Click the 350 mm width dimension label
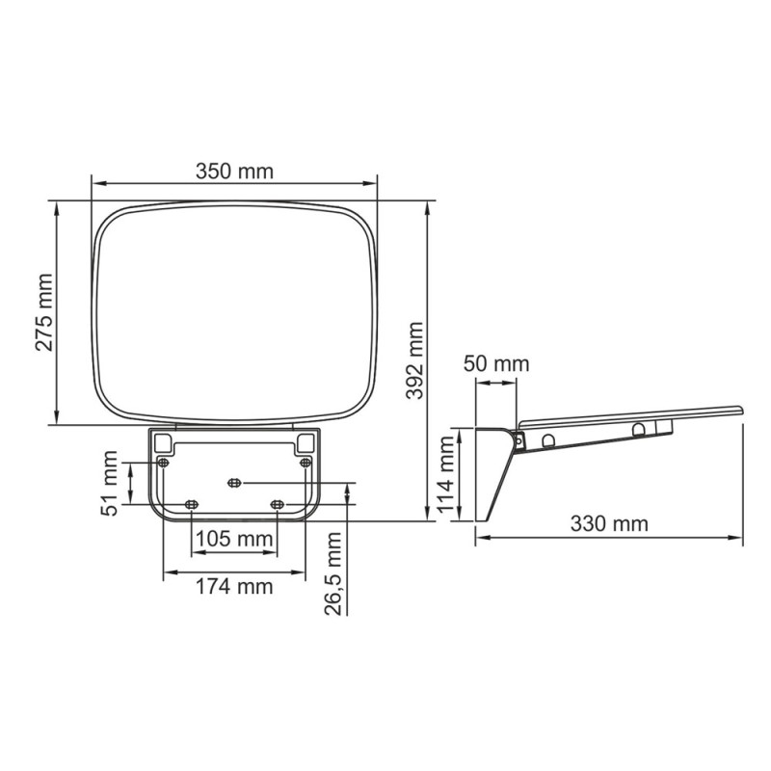tap(234, 172)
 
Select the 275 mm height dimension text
tap(44, 312)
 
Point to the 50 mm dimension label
tap(496, 364)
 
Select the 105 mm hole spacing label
tap(234, 539)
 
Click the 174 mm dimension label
tap(234, 585)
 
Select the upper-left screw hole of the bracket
tap(163, 463)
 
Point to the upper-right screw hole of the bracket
tap(306, 463)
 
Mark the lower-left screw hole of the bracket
tap(191, 504)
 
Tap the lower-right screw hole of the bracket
tap(277, 504)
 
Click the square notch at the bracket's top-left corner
tap(163, 441)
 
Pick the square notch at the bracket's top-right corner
tap(306, 441)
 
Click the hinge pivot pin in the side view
tap(520, 439)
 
